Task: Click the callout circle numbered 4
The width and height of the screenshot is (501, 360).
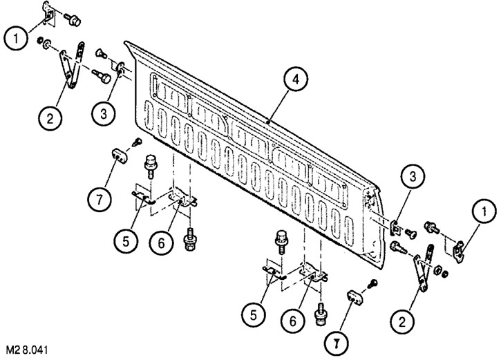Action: tap(296, 79)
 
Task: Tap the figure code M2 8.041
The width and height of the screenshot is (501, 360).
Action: tap(27, 350)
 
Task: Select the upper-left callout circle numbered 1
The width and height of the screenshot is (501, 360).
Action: tap(16, 38)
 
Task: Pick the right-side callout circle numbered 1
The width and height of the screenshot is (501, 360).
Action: tap(484, 211)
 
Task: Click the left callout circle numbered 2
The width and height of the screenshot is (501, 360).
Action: tap(50, 118)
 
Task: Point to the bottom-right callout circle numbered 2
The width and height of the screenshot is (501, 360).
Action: tap(402, 321)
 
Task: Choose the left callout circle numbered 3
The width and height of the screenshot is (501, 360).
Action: tap(103, 113)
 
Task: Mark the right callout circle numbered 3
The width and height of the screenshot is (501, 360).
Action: tap(413, 176)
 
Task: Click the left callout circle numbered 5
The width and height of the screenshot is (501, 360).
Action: tap(126, 241)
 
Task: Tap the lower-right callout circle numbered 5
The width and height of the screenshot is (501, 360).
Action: tap(254, 315)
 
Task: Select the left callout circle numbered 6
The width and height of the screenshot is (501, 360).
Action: tap(161, 243)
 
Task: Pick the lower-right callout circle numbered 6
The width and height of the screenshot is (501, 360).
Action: tap(293, 321)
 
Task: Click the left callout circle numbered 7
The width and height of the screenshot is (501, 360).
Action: tap(100, 200)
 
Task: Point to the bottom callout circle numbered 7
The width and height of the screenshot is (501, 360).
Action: tap(336, 343)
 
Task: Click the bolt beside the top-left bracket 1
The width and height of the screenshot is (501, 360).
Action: tap(73, 19)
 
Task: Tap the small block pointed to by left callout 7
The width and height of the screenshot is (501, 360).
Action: tap(120, 155)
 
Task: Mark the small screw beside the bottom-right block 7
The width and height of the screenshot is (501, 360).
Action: tap(372, 284)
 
